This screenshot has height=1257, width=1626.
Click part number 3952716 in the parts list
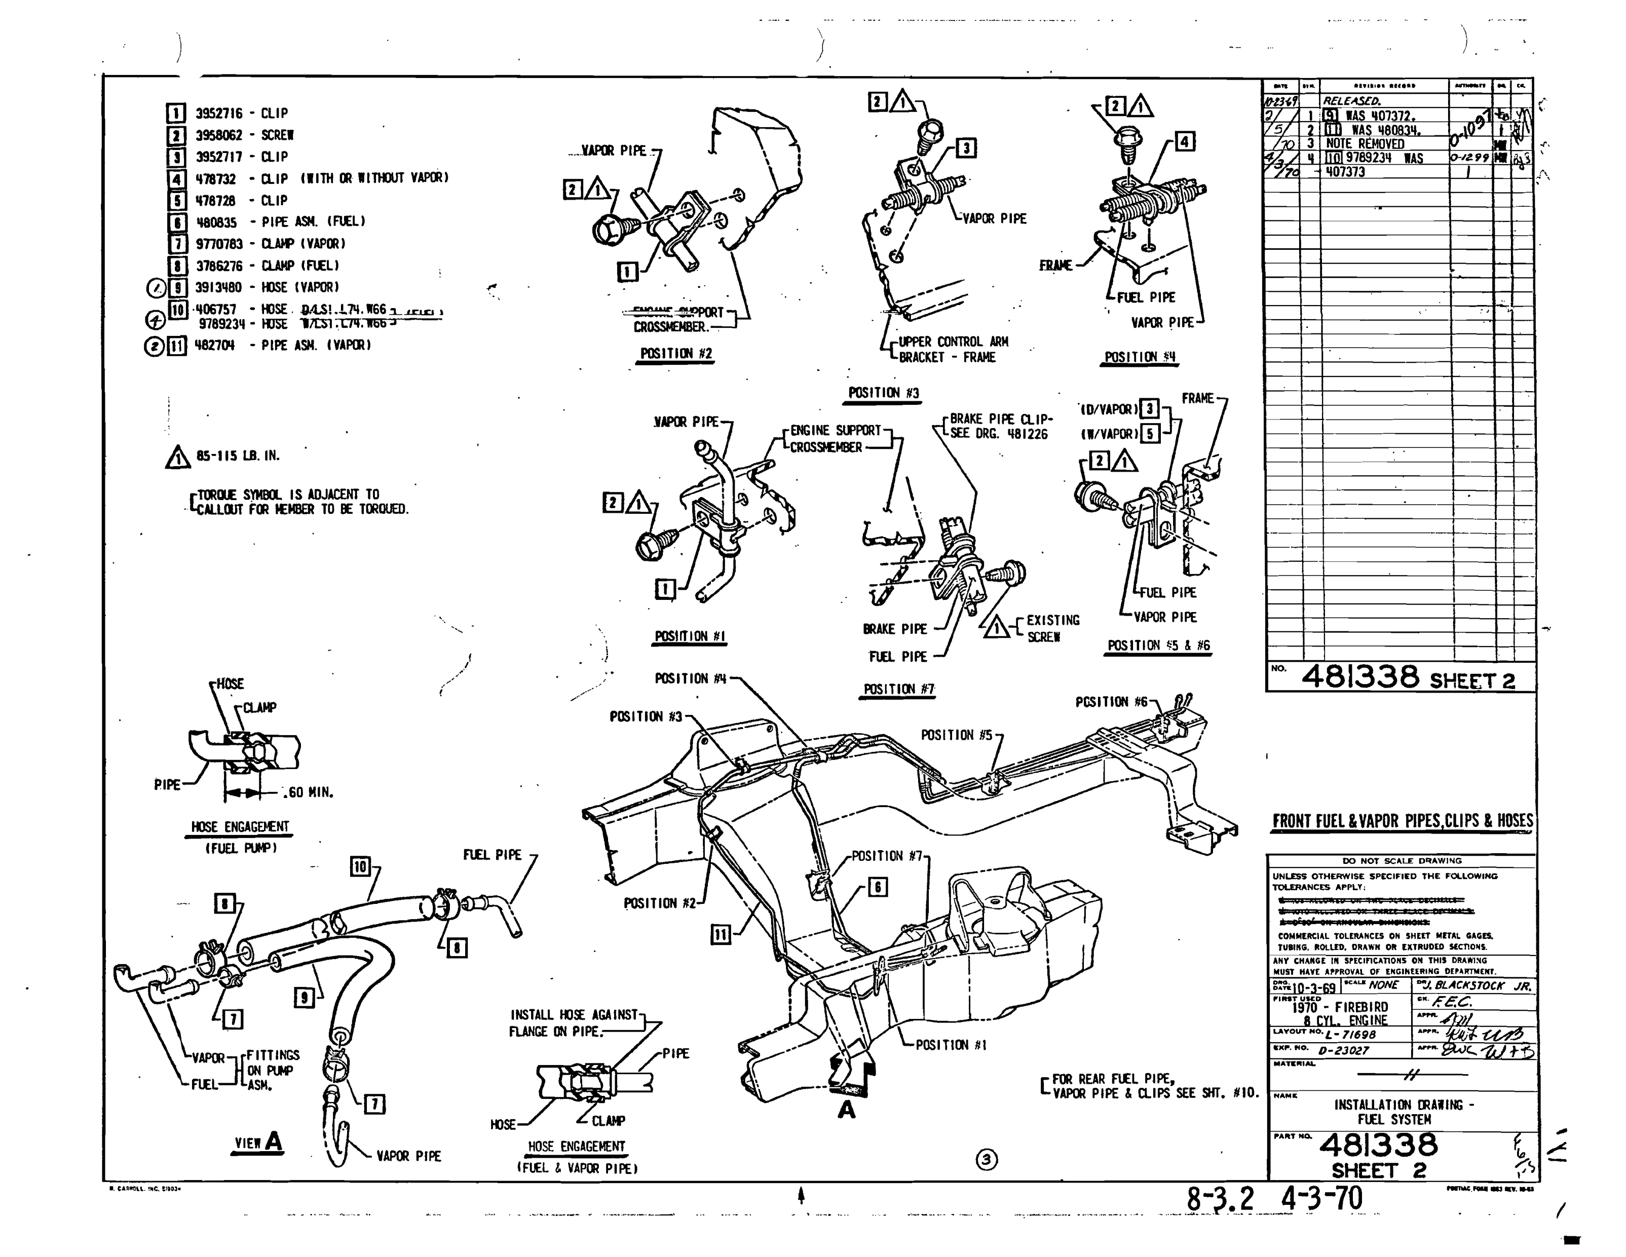(215, 113)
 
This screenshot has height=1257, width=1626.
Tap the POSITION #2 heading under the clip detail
(676, 354)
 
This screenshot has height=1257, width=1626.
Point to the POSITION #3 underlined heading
(883, 393)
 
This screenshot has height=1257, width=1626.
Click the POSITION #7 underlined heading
(898, 689)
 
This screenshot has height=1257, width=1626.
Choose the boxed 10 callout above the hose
(360, 866)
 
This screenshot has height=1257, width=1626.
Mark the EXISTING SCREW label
(1051, 628)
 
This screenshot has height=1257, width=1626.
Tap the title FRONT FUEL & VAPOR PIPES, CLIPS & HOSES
(1402, 821)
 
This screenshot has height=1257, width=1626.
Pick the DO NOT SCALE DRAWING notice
(1402, 860)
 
